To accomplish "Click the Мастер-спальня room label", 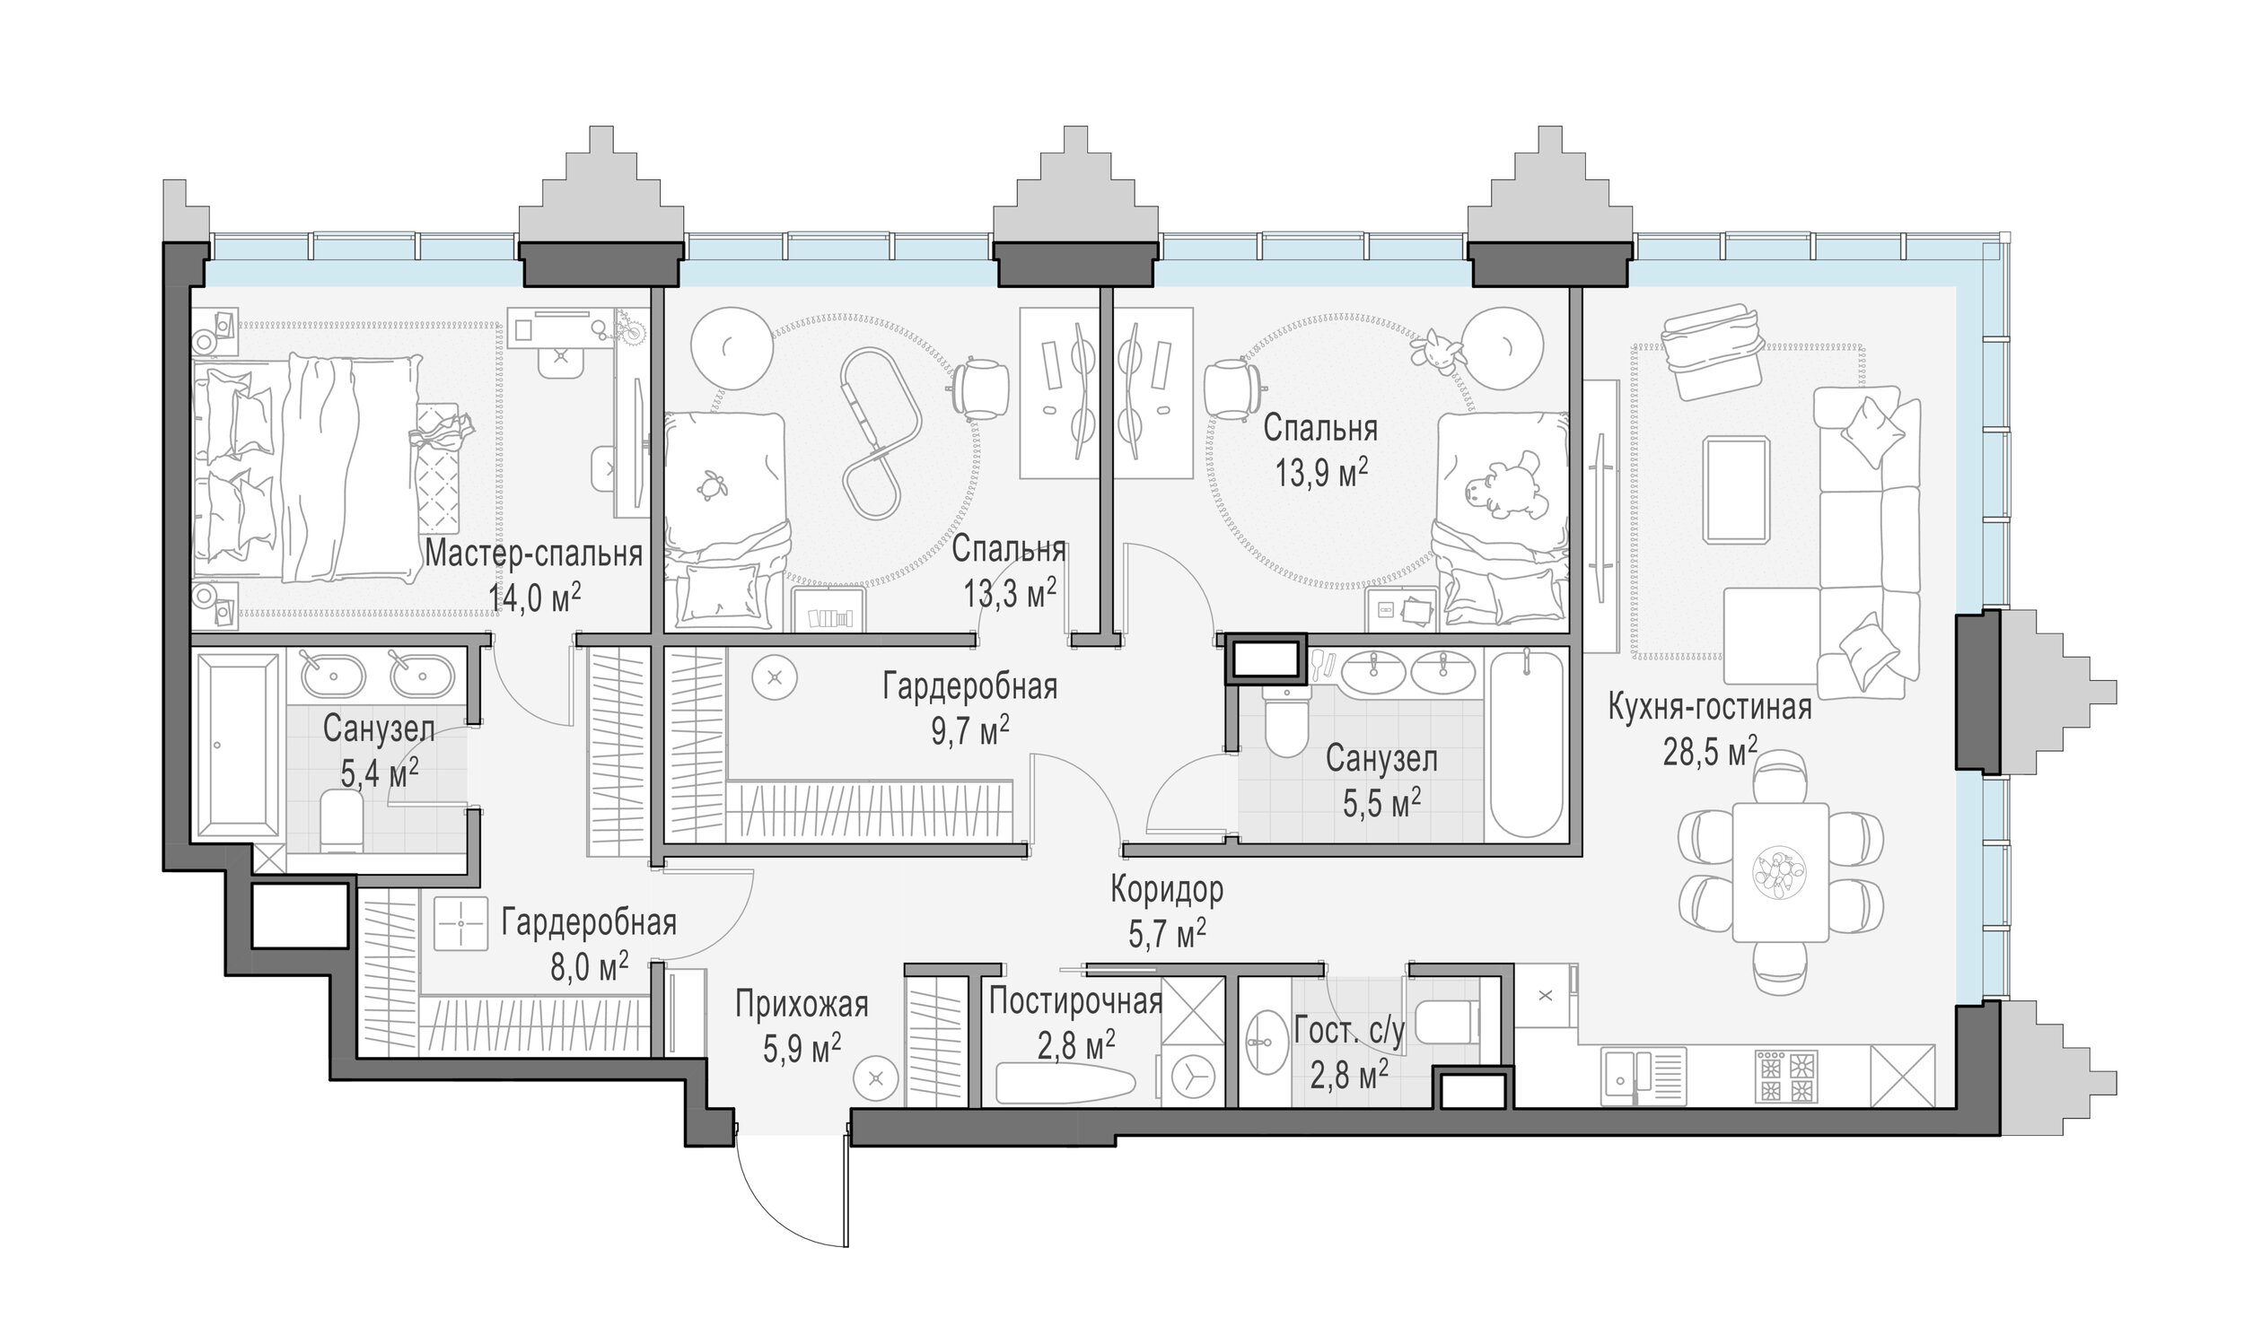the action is (x=533, y=554).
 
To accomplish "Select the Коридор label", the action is (x=1166, y=889).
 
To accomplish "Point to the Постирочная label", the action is (x=1075, y=1001).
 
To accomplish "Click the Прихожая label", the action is (x=801, y=1004).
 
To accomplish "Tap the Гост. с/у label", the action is (x=1349, y=1032).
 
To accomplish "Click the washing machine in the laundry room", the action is (x=1192, y=1074).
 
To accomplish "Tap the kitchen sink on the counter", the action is (x=1644, y=1076).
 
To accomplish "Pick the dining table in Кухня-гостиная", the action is (x=1780, y=872).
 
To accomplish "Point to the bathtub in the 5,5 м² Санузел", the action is (x=1527, y=744).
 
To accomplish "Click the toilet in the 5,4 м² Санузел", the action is (x=341, y=819).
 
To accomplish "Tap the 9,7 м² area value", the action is (x=969, y=729).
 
